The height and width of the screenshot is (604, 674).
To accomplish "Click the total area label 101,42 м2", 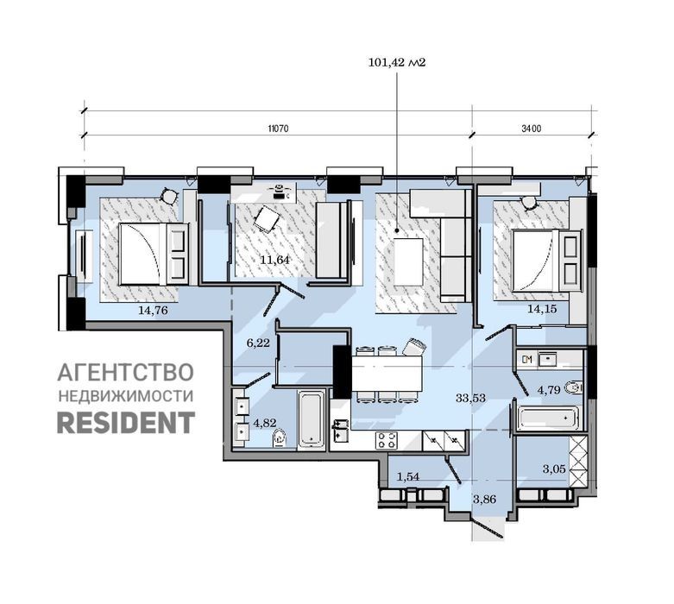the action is click(397, 63).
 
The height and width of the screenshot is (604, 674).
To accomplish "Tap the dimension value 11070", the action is click(278, 129).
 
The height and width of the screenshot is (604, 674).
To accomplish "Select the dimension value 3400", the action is click(532, 129).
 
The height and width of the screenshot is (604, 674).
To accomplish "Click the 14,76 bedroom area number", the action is click(153, 311).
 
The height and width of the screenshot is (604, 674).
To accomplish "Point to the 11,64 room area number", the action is click(275, 260).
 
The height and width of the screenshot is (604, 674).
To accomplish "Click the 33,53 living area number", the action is click(470, 398).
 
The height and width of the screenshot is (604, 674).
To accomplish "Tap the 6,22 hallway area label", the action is click(258, 343).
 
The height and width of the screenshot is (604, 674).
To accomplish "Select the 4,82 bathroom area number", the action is click(265, 423).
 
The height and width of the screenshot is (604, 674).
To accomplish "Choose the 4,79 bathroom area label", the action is click(550, 390).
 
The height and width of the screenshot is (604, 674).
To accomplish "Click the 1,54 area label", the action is click(408, 476).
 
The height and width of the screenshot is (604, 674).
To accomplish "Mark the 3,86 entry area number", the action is click(485, 500).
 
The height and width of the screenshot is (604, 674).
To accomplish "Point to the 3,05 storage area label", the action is click(554, 469).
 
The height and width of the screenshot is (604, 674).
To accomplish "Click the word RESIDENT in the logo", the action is click(126, 422).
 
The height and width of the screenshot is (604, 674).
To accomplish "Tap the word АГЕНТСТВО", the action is click(125, 372).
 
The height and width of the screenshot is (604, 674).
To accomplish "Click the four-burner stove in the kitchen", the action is click(387, 441).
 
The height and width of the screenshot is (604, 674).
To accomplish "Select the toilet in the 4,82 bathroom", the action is click(280, 438).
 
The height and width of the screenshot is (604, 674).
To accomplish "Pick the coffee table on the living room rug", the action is click(408, 261).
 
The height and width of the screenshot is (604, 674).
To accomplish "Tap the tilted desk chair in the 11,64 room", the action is click(267, 219).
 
